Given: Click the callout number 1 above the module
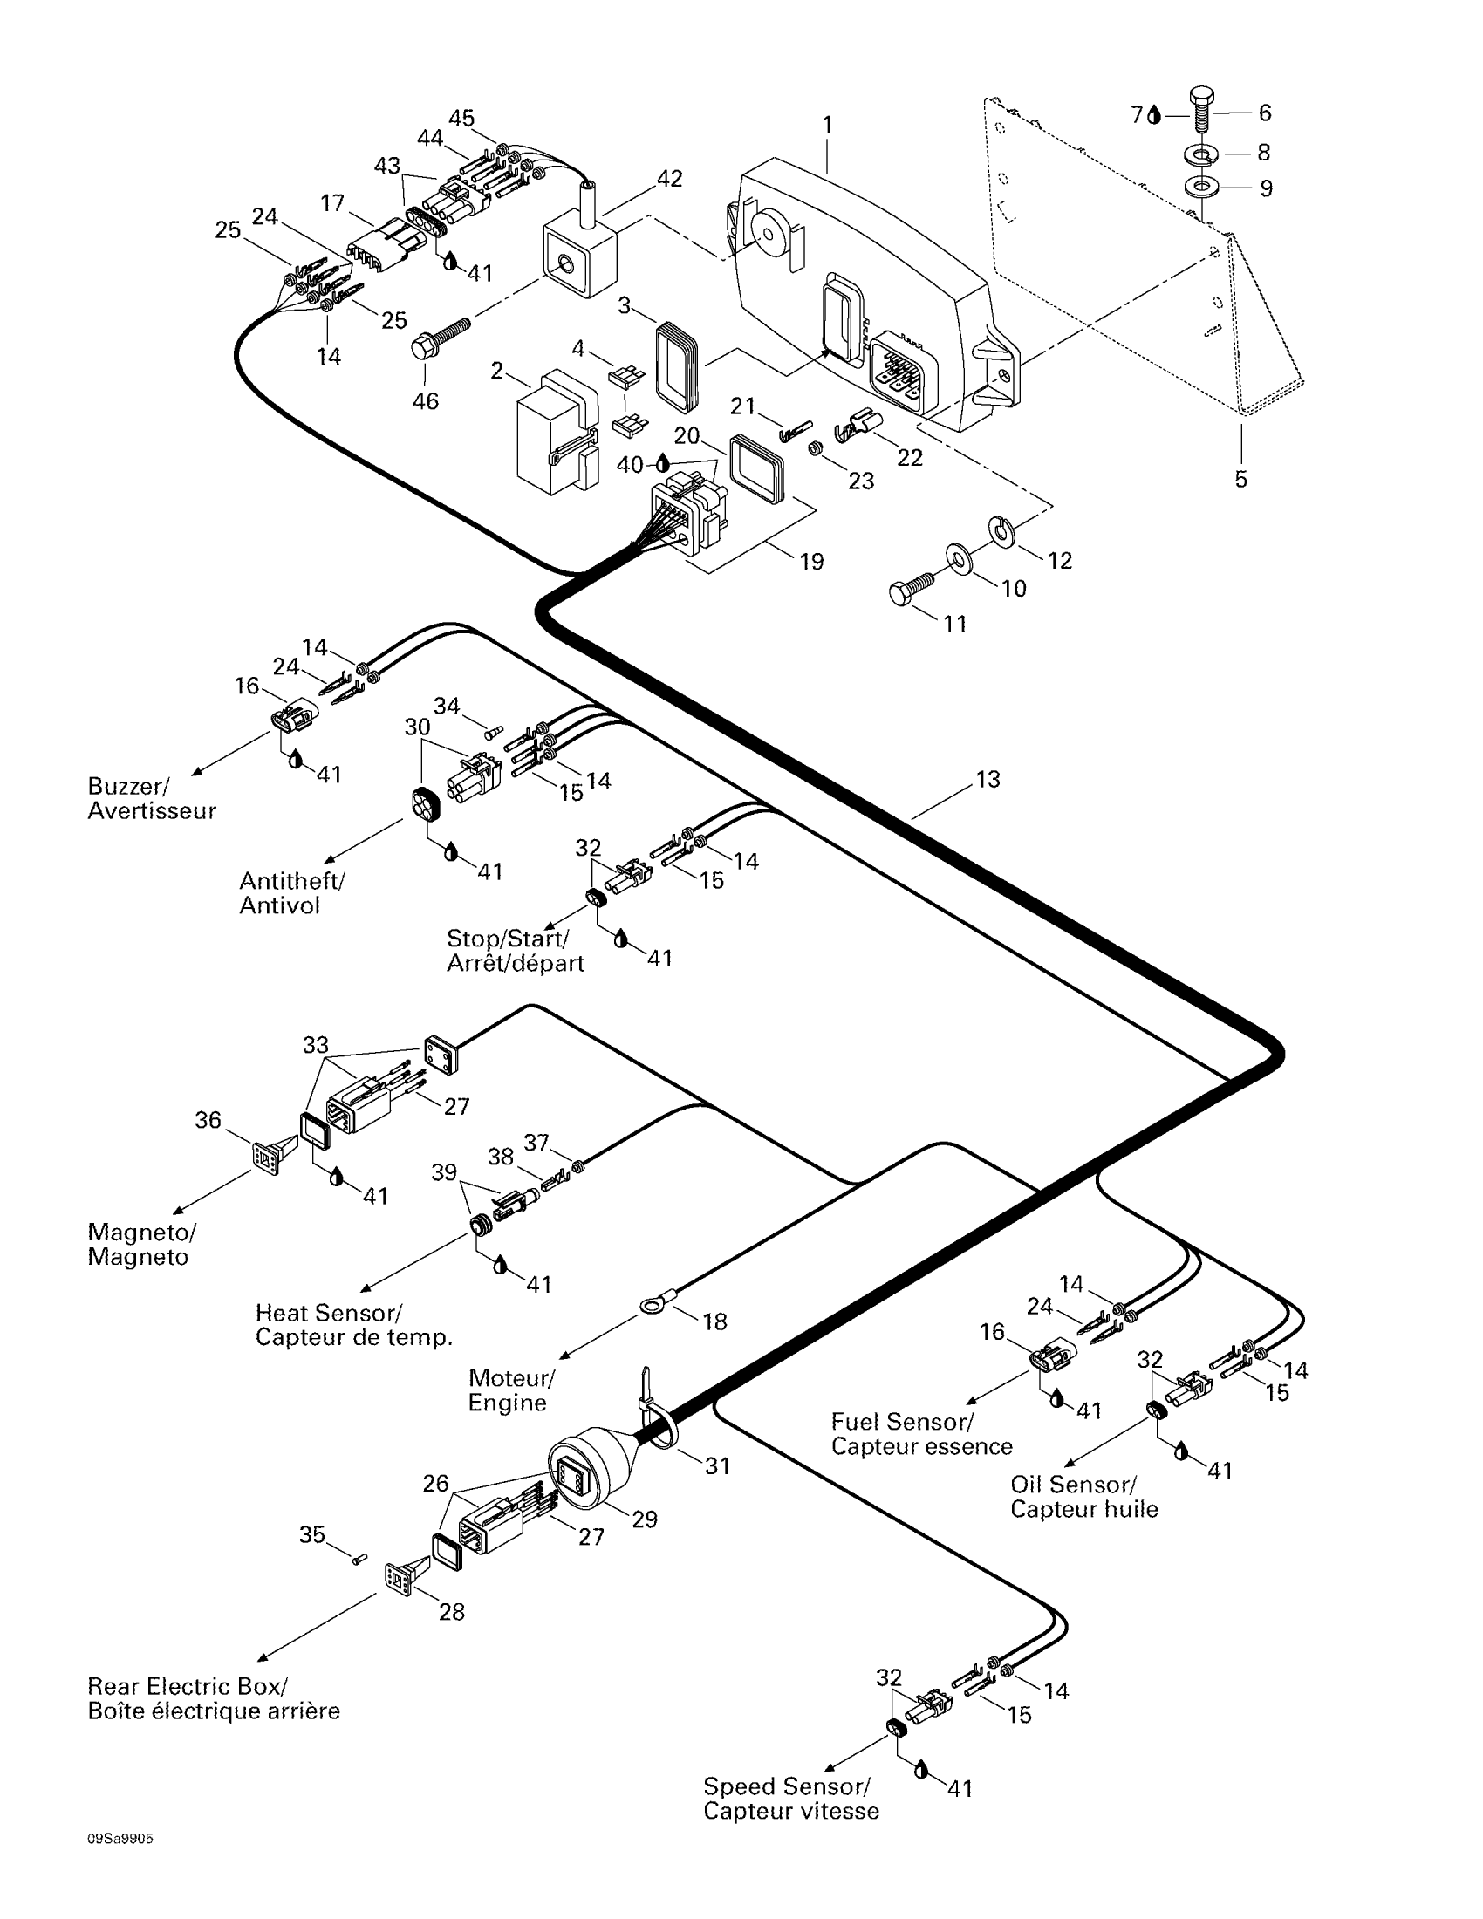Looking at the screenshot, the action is coord(827,125).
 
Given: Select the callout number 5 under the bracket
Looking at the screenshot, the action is coord(1240,479).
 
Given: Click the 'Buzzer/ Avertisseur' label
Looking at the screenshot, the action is coord(151,798).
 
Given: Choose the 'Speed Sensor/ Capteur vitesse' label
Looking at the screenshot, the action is coord(790,1799).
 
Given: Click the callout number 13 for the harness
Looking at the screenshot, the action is coord(988,779).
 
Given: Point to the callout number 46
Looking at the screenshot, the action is coord(425,400).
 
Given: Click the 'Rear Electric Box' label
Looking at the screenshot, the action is coord(188,1686).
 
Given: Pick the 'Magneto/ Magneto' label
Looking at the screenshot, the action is coord(141,1244).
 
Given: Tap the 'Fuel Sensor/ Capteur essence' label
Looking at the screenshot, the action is coord(921,1434).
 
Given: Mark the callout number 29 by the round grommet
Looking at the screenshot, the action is coord(644,1519).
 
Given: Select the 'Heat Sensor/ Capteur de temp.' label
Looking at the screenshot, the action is coord(354,1325).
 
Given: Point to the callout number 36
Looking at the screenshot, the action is coord(208,1119).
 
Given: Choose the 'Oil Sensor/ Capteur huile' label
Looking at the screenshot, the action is coord(1084,1496).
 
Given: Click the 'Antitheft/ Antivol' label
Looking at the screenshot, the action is coord(292,892).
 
